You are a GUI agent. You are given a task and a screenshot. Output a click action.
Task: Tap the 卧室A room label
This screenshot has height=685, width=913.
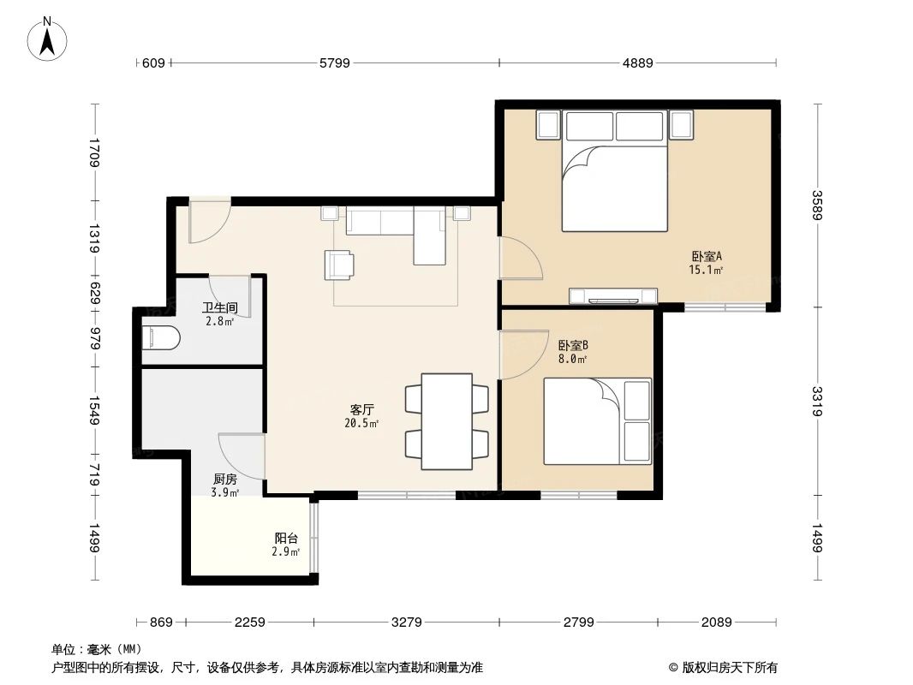(707, 256)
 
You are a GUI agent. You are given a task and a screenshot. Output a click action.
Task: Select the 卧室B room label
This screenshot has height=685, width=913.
(573, 346)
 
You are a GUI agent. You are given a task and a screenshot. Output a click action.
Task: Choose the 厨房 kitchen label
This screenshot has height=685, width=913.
(225, 479)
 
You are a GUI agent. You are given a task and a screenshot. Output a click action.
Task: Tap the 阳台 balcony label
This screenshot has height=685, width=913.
(287, 539)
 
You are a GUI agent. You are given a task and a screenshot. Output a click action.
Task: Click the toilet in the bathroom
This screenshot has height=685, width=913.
(160, 339)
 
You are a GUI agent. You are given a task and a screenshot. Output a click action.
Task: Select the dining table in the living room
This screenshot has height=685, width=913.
(446, 421)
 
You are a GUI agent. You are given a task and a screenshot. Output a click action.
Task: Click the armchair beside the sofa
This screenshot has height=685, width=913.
(338, 264)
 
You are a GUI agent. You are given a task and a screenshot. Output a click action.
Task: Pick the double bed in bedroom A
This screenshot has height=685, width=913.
(614, 187)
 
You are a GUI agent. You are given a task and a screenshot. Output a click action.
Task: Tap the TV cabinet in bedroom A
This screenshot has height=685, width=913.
(613, 298)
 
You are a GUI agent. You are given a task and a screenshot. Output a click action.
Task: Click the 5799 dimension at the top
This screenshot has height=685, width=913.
(334, 63)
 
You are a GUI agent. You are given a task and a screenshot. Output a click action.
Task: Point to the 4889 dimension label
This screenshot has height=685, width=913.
(637, 63)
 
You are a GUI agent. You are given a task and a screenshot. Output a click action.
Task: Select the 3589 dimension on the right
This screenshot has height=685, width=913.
(818, 205)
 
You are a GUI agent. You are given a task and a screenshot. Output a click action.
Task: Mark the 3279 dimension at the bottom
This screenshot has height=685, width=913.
(406, 622)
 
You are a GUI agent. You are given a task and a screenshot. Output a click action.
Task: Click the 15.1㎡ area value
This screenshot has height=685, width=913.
(706, 270)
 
